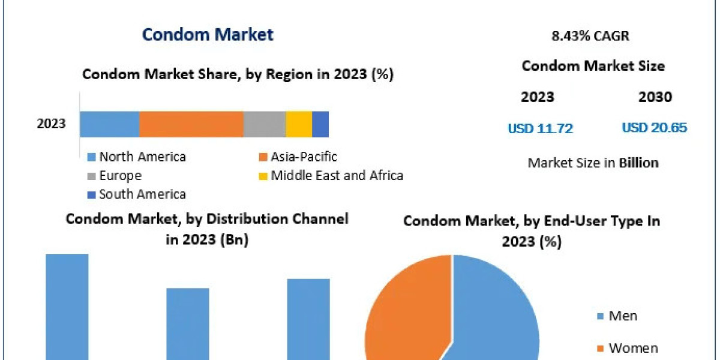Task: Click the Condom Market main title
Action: click(208, 34)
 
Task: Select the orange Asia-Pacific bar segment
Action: click(191, 124)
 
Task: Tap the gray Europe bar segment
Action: click(264, 124)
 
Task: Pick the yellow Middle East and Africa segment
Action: click(298, 124)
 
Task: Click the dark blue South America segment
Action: click(320, 124)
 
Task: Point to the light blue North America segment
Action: click(110, 124)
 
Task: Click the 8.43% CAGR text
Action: click(590, 36)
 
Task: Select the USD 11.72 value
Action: click(540, 128)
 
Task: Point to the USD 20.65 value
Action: click(654, 128)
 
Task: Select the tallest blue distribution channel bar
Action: click(67, 306)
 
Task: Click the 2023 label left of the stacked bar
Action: click(51, 124)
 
